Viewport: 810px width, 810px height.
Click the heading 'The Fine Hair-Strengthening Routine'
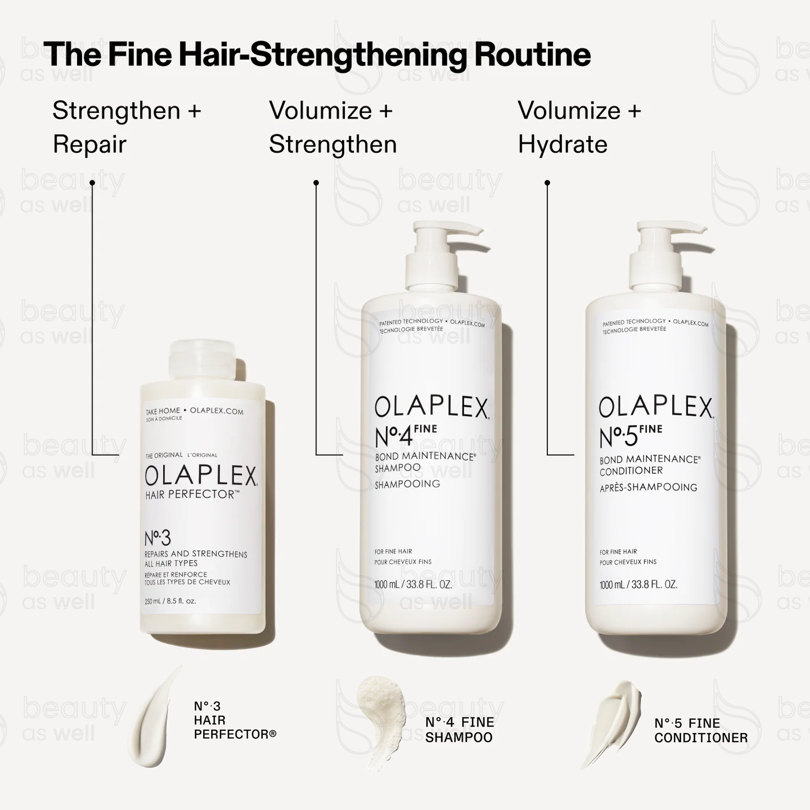coord(317,55)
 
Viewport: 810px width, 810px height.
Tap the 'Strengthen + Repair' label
coord(127,127)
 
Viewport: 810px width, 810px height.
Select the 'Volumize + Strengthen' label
coord(333,127)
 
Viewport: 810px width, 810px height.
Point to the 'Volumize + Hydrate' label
coord(579,127)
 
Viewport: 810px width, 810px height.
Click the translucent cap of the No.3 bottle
coord(203,362)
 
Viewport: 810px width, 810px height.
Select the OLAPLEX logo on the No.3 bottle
coord(201,476)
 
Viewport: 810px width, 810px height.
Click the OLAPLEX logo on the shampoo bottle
coord(432,407)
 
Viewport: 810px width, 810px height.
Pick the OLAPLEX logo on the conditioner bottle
coord(656,407)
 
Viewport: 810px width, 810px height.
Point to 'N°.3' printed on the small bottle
coord(157,538)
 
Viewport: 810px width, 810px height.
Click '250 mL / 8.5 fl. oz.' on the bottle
coord(171,601)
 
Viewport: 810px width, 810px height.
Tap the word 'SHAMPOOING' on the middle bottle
coord(407,484)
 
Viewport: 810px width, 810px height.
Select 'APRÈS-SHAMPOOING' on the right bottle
coord(649,487)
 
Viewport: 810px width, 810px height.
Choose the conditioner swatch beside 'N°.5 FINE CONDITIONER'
coord(610,720)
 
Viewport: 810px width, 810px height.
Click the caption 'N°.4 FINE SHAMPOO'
coord(459,730)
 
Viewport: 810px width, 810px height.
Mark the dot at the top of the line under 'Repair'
coord(92,183)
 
